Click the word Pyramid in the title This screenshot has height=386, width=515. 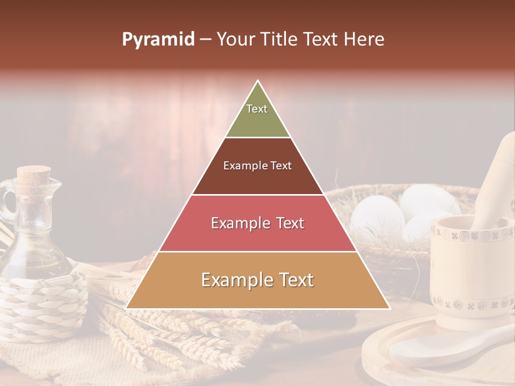(158, 39)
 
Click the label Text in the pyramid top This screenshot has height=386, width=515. (257, 109)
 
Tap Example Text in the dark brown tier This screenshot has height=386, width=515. (257, 166)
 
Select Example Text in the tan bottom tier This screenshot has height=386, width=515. (257, 280)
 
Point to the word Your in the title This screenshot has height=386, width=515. (236, 39)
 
